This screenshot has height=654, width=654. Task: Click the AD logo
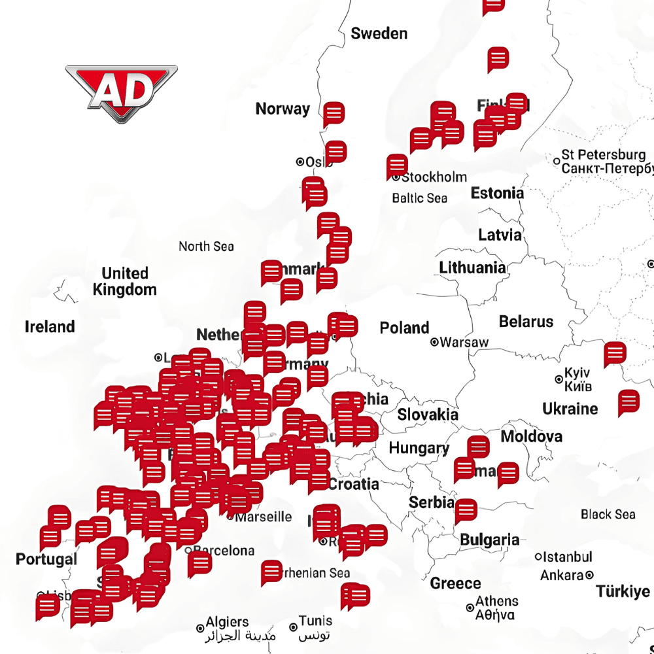(121, 93)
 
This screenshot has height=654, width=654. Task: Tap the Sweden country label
(379, 33)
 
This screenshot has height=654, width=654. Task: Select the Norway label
(283, 109)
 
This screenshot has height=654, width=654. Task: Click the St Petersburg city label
(603, 156)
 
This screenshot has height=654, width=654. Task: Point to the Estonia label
(497, 193)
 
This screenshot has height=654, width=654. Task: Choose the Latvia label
(500, 235)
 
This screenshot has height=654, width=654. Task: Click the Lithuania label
(472, 267)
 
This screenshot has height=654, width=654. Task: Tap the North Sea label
(206, 247)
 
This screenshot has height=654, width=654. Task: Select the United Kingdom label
(125, 281)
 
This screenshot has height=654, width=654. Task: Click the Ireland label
(50, 326)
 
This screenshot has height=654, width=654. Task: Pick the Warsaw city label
(463, 342)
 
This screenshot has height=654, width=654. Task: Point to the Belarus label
(526, 322)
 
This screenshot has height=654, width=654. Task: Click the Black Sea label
(608, 514)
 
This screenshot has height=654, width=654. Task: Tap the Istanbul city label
(567, 557)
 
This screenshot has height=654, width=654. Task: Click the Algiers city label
(226, 623)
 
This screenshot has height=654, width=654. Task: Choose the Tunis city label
(315, 621)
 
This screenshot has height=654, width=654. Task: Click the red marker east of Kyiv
(615, 353)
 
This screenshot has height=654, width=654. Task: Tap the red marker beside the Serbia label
(466, 510)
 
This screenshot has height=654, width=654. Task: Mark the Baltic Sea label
(419, 198)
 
